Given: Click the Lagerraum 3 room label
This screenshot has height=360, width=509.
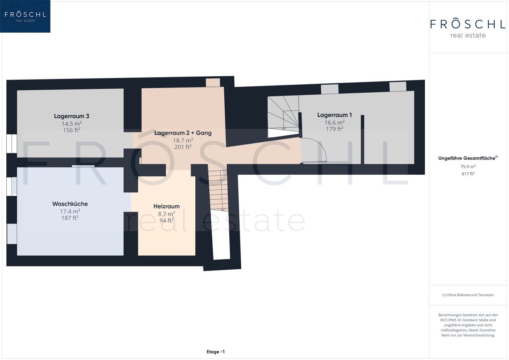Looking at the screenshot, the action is [x=72, y=116].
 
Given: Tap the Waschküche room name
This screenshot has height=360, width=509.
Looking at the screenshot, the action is [x=70, y=204].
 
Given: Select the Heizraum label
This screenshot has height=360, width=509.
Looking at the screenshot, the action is [x=167, y=206].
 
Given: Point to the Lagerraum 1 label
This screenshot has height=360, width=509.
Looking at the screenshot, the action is [x=334, y=115].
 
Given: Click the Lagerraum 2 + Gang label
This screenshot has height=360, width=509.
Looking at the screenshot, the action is [x=183, y=133].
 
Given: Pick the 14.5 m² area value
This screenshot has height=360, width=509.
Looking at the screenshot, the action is [x=72, y=124].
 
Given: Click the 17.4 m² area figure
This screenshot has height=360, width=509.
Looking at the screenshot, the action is [x=70, y=211].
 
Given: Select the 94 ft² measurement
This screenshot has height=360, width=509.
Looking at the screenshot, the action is [x=167, y=220].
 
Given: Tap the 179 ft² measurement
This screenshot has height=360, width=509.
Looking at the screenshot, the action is [x=334, y=129].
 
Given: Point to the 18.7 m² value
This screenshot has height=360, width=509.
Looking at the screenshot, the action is [x=183, y=140].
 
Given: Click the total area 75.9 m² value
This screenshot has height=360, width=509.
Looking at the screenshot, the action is [x=468, y=167].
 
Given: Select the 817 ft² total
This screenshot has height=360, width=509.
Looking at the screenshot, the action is [x=468, y=174].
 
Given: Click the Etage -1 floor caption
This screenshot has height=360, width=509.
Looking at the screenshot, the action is [x=216, y=352].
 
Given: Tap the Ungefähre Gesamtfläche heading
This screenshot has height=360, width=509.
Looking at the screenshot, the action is [x=468, y=158].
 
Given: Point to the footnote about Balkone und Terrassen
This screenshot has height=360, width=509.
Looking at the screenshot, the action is [x=468, y=295].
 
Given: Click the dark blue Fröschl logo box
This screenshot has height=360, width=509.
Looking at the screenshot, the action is [x=25, y=16].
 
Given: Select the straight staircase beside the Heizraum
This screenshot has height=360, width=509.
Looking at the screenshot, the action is [x=219, y=191].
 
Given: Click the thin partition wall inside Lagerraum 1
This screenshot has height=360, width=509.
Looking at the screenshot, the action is [x=362, y=139].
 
